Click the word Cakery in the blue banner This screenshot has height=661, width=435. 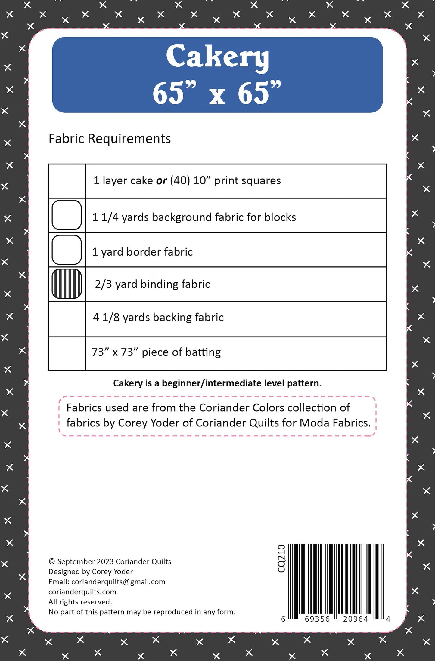click(x=217, y=57)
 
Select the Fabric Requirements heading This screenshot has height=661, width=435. click(x=110, y=139)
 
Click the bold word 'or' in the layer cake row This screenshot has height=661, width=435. click(x=161, y=181)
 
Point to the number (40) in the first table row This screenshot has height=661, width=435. click(x=180, y=180)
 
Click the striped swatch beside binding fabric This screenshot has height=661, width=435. click(x=67, y=284)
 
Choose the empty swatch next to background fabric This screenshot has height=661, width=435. click(x=67, y=215)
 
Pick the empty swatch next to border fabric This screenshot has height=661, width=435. click(x=67, y=250)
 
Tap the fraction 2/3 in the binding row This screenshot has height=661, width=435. click(x=103, y=284)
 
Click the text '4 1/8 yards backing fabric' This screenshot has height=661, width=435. click(x=158, y=318)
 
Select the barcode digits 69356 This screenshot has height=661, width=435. click(x=317, y=619)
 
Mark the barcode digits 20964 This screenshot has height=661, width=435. click(x=356, y=619)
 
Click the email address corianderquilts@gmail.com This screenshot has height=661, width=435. click(x=118, y=582)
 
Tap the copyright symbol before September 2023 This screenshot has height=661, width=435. click(x=51, y=561)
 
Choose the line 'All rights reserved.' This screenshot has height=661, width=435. click(x=80, y=602)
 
